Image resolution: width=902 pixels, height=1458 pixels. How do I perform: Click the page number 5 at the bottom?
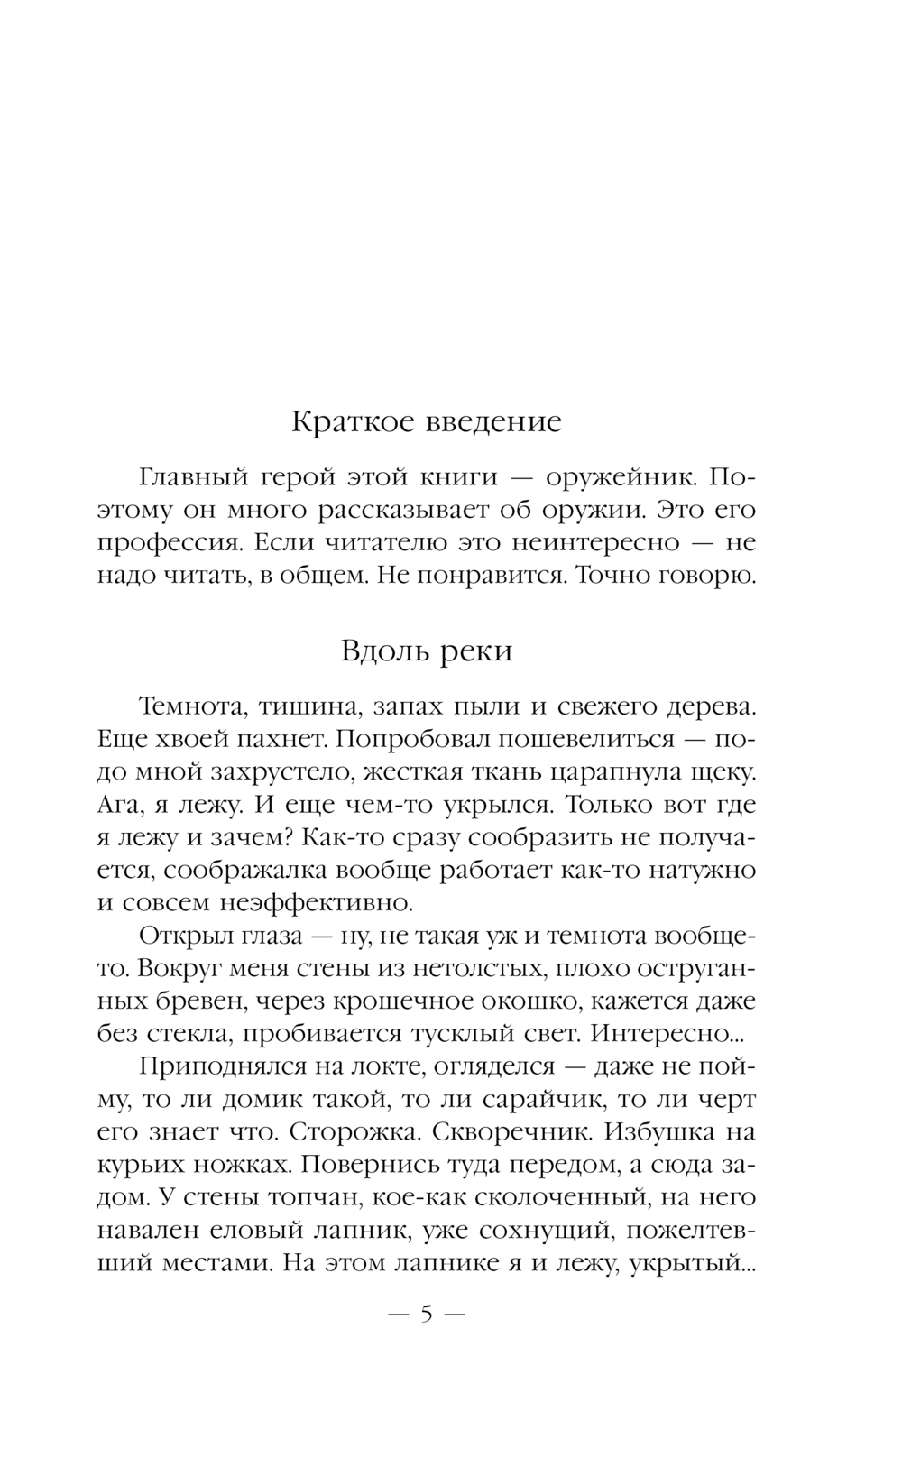click(426, 1314)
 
